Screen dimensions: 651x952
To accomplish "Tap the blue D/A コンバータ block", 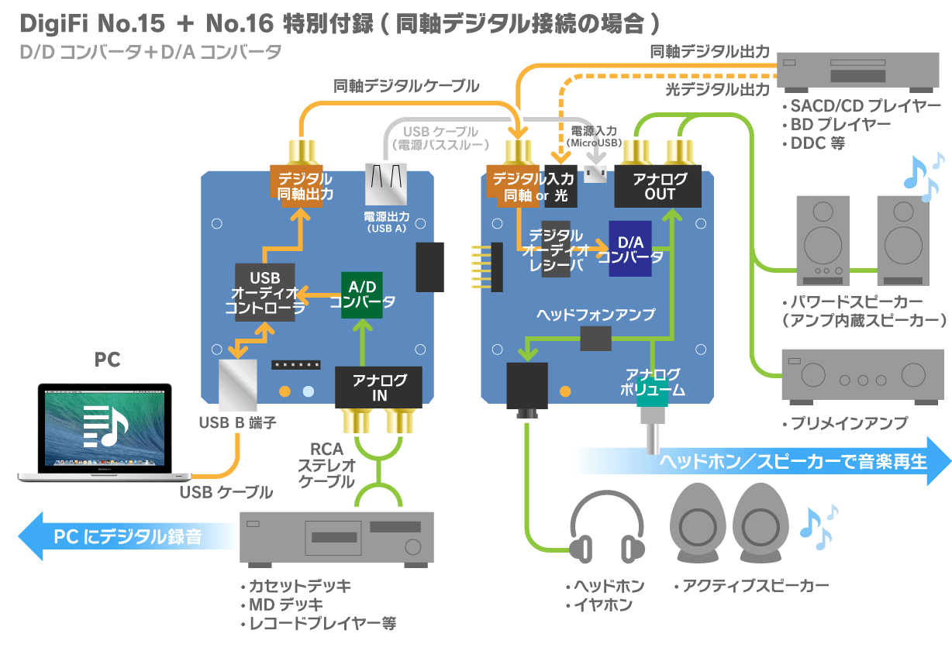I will click(629, 249).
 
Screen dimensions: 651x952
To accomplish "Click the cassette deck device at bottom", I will click(336, 536).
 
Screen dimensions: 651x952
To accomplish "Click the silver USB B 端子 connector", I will click(237, 384).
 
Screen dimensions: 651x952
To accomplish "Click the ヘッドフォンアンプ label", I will click(595, 315).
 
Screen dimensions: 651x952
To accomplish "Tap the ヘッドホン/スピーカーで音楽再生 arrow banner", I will click(791, 462).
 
